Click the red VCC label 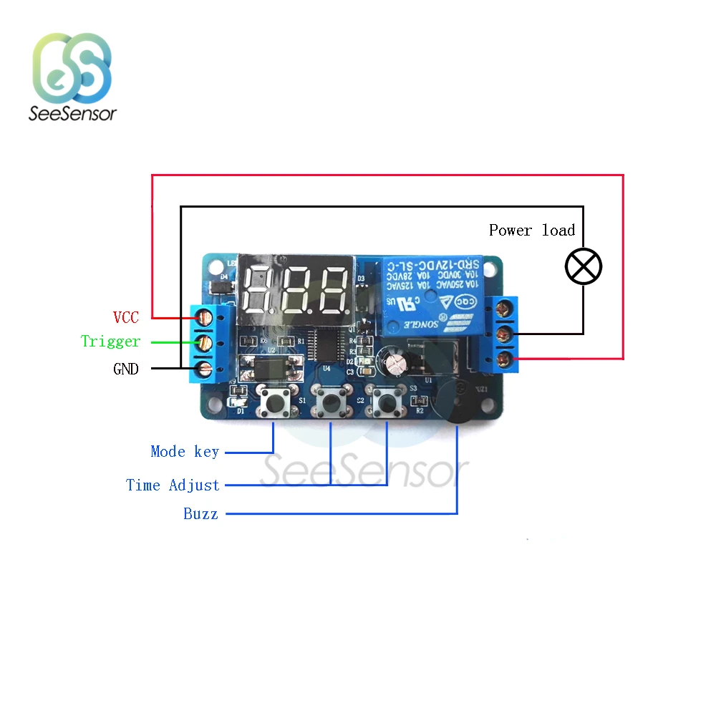pyautogui.click(x=125, y=316)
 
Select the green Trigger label pyautogui.click(x=110, y=342)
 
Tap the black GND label pyautogui.click(x=126, y=369)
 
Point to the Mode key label pyautogui.click(x=185, y=452)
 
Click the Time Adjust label pyautogui.click(x=173, y=485)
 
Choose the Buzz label pyautogui.click(x=200, y=514)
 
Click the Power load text pyautogui.click(x=532, y=231)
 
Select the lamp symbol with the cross pyautogui.click(x=584, y=267)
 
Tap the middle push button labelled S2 pyautogui.click(x=332, y=404)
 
